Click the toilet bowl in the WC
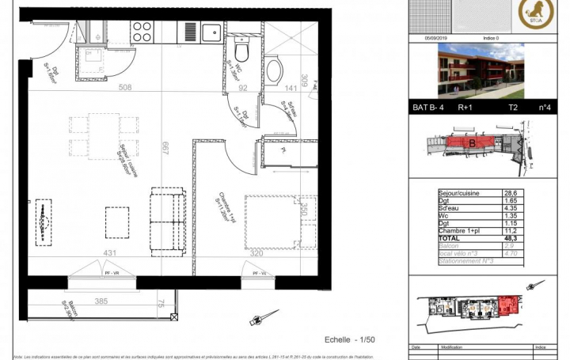point(242,49)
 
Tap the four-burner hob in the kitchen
point(142,32)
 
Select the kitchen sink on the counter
point(211,32)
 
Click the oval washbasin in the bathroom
point(273,70)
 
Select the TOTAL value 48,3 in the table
point(511,237)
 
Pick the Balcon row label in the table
point(448,244)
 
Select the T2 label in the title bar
point(512,108)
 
